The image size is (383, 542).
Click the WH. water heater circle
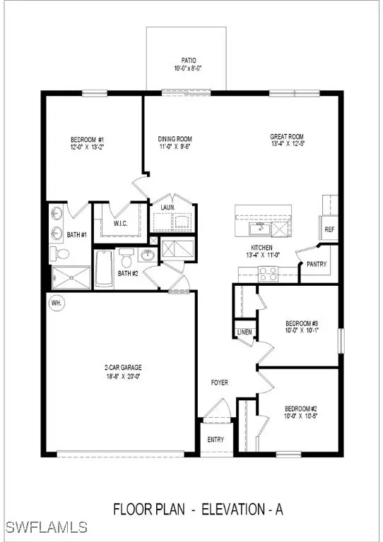tap(55, 303)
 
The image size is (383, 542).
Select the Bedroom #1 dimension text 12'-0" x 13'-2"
tap(89, 147)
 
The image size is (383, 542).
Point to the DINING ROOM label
tap(175, 139)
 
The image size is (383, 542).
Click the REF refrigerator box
tap(329, 229)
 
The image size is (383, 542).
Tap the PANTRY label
tap(315, 264)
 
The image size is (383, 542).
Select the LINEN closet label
tap(244, 331)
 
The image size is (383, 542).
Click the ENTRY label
tap(215, 440)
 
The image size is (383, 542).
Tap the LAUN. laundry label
tap(168, 208)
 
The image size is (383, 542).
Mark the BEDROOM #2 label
tap(302, 409)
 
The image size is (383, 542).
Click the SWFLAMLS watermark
tap(45, 527)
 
